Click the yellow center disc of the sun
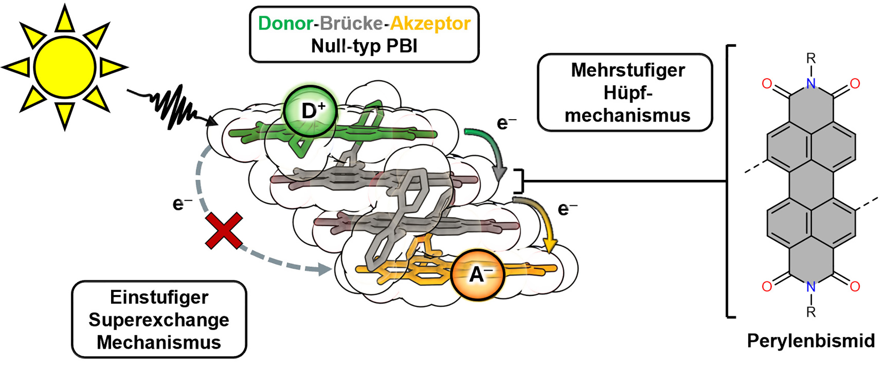[65, 67]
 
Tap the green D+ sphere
[310, 111]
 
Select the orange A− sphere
[478, 274]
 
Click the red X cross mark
[224, 230]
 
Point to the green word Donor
[285, 23]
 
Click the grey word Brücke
[351, 23]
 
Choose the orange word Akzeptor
[430, 23]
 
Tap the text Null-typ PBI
[364, 46]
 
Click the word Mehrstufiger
[628, 70]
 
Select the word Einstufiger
[159, 297]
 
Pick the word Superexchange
[159, 320]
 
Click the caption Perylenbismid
[811, 341]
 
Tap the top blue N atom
[811, 84]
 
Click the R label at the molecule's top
[811, 58]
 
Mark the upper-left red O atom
[767, 84]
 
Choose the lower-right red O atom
[855, 286]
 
